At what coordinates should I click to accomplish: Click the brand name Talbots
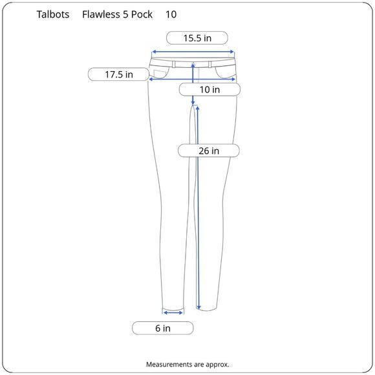coord(53,14)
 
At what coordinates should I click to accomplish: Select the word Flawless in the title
coord(101,14)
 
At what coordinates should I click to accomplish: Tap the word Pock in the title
coord(142,14)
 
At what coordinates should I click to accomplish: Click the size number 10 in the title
coord(171,14)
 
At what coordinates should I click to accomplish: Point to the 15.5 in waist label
coord(197,38)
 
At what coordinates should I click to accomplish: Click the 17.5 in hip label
coord(118,74)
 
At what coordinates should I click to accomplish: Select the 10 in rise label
coord(209,90)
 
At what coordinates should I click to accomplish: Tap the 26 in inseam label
coord(209,151)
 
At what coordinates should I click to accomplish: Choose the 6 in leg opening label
coord(163,328)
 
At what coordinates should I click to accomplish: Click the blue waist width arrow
coord(193,52)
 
